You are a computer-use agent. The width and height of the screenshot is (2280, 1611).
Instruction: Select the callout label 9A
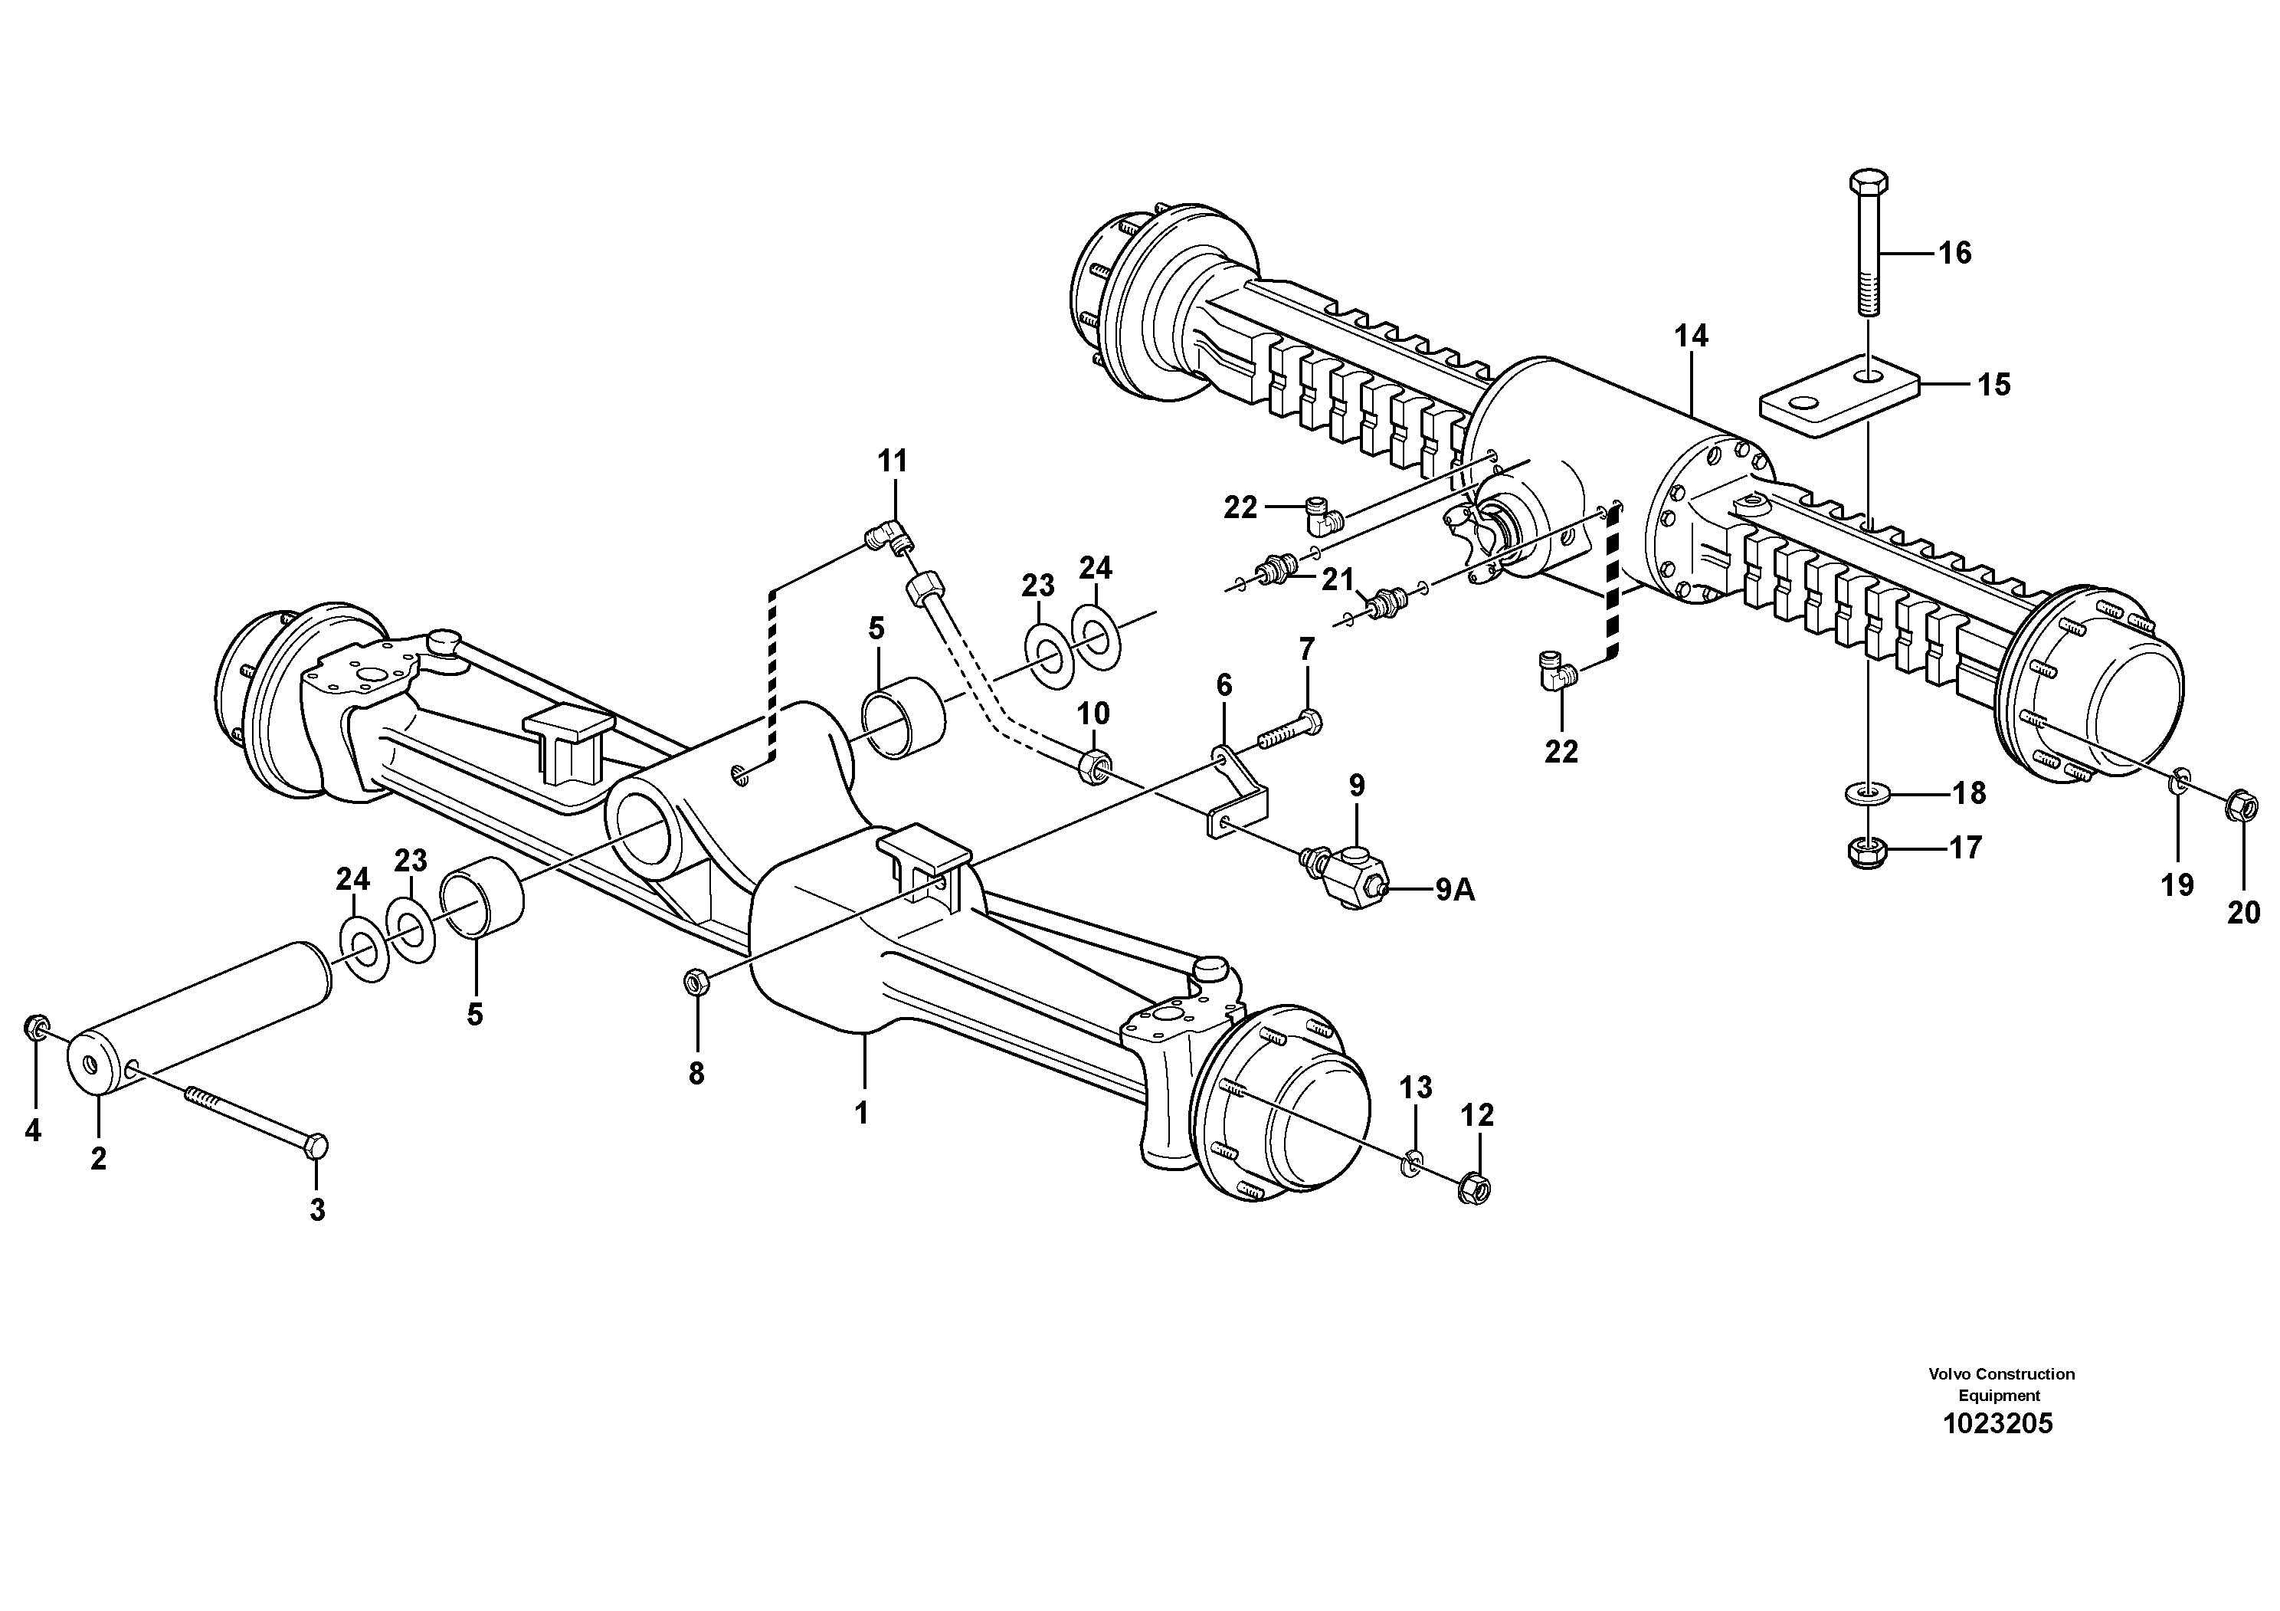1455,891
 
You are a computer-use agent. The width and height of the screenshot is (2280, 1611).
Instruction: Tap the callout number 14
1691,336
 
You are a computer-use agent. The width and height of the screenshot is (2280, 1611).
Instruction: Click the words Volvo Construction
2001,1373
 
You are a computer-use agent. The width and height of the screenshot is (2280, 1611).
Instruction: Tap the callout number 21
1338,579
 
